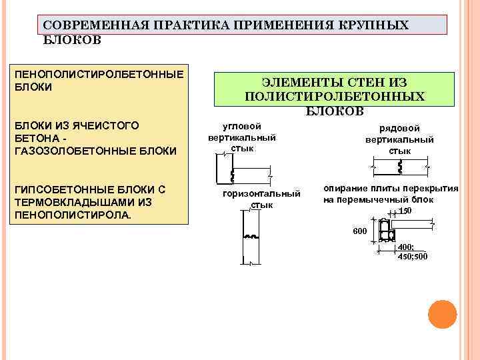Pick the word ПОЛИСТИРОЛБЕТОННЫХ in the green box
coord(335,97)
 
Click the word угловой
coord(241,126)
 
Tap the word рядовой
coord(399,129)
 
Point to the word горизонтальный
coord(261,194)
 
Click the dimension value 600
coord(360,231)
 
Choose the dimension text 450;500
coord(413,256)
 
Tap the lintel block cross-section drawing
coord(387,232)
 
